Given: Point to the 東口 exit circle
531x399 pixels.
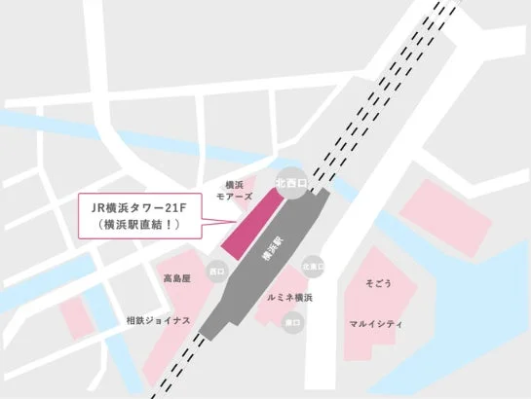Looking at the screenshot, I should click(x=290, y=320).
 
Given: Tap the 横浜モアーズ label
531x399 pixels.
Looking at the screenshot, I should click(x=233, y=190).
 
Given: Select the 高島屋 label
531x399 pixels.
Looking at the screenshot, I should click(x=177, y=278).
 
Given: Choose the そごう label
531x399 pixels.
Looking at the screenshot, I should click(x=378, y=283).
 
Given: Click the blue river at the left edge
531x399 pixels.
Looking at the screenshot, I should click(x=19, y=122).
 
